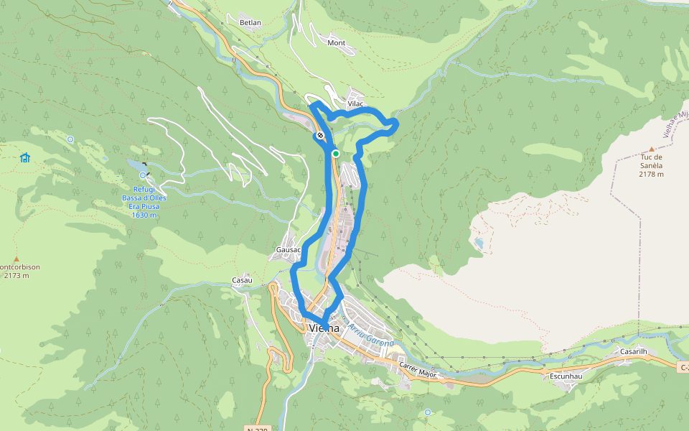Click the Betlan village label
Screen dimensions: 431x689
[250, 23]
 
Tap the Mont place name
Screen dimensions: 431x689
[336, 43]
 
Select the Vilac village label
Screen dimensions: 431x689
[356, 104]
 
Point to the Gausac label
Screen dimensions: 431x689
[287, 250]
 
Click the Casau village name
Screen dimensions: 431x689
[242, 279]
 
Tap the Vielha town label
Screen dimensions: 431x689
[323, 328]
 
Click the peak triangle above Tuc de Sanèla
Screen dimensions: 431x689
[652, 149]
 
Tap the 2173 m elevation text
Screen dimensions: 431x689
[16, 275]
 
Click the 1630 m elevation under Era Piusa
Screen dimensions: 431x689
[144, 215]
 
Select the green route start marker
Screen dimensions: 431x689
[335, 153]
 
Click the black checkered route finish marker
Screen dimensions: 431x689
[320, 135]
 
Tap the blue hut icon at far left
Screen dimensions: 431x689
[25, 157]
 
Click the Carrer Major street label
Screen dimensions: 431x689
[418, 369]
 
